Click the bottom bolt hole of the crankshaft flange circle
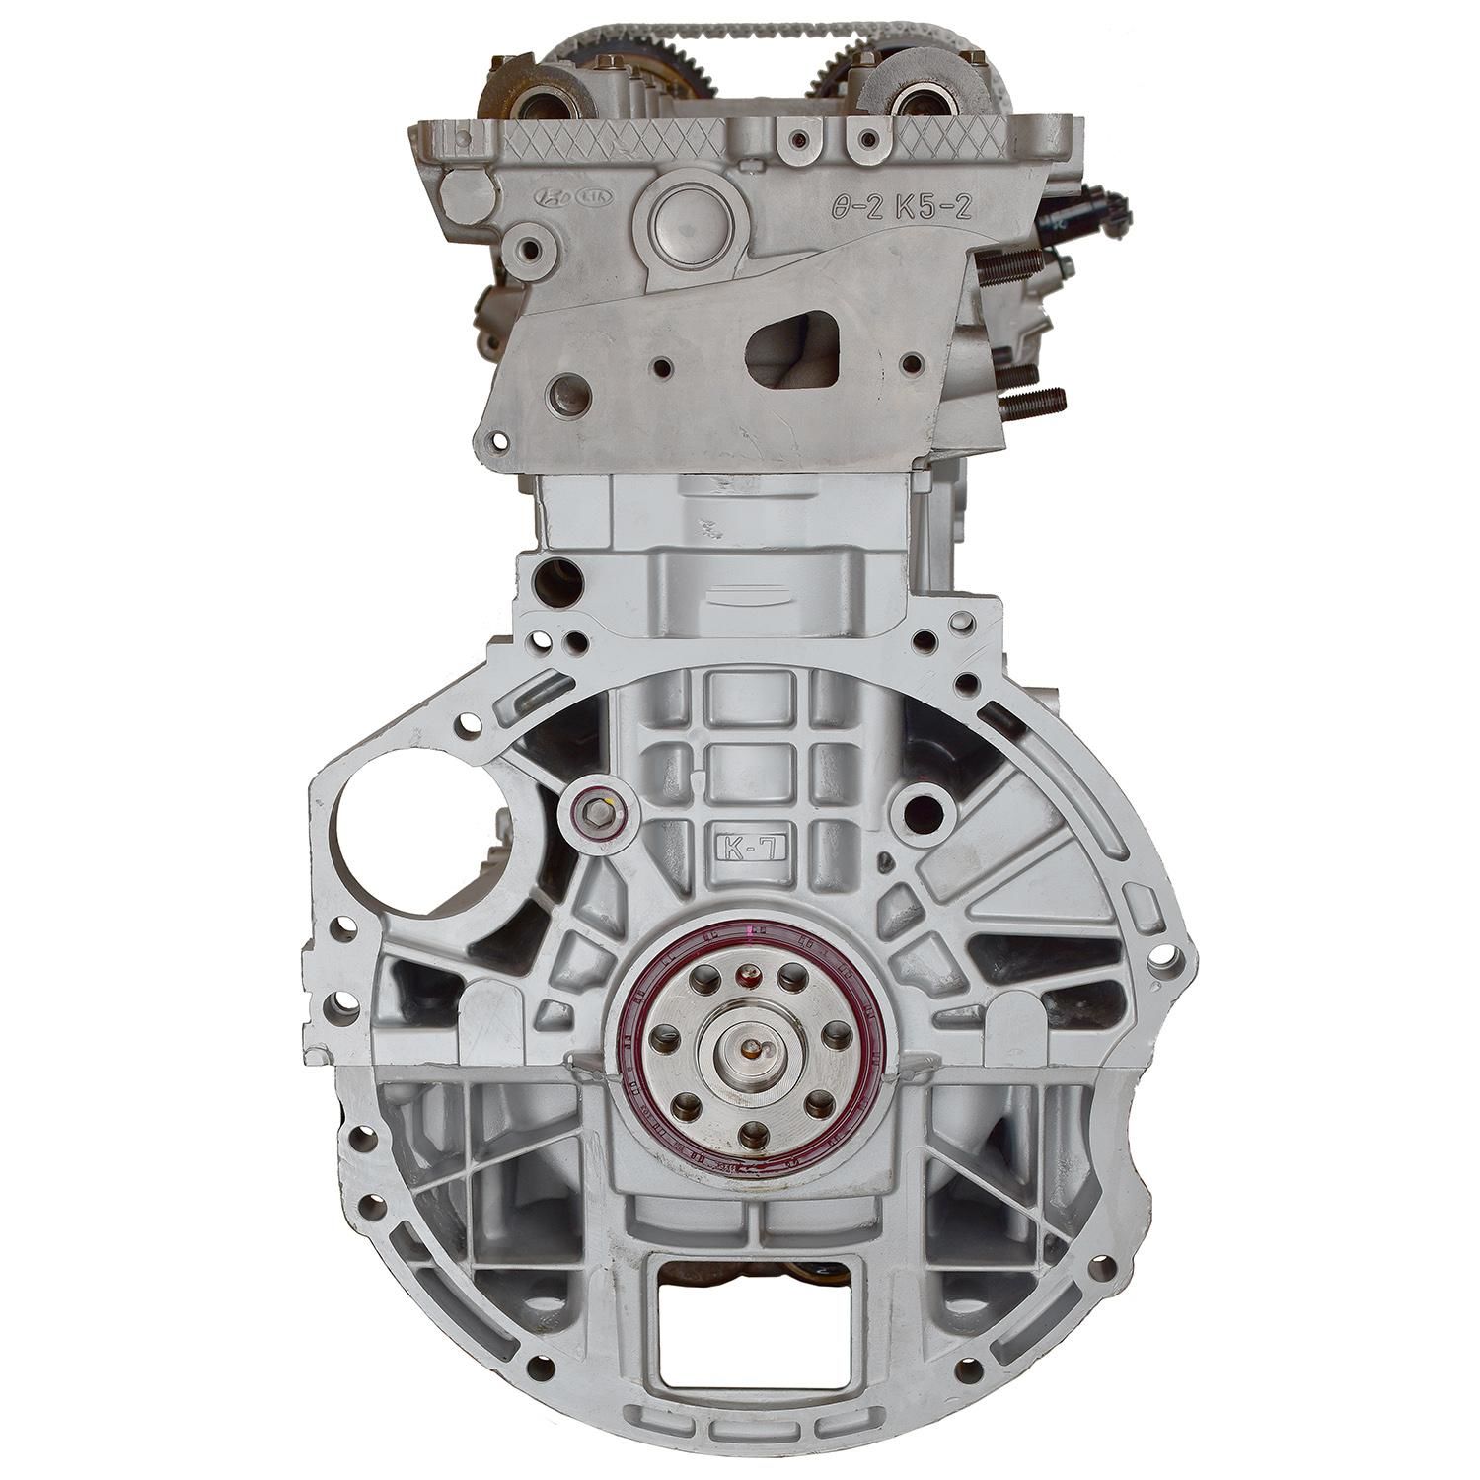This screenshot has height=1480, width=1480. [751, 1130]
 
